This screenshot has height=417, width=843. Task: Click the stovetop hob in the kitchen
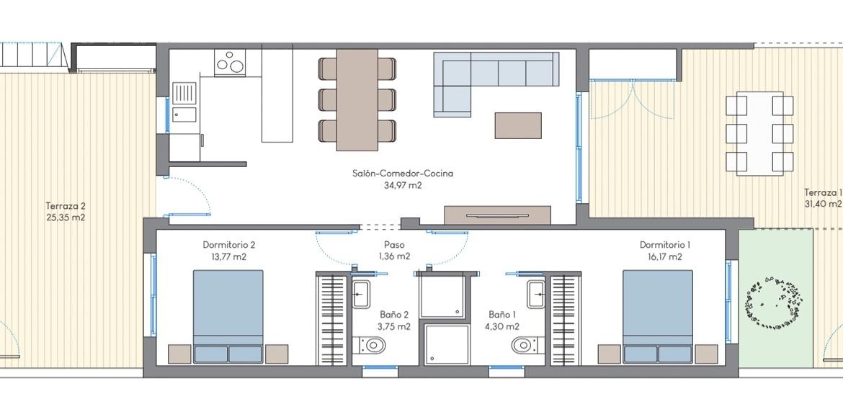pos(230,63)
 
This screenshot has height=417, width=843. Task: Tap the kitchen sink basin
pos(184,114)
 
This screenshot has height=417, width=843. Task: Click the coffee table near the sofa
pos(518,125)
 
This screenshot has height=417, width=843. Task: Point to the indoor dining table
pos(357,100)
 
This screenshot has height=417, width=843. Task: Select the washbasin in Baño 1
pos(536,294)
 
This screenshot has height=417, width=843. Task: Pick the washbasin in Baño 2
pos(361,294)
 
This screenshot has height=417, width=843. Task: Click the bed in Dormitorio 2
pos(228,316)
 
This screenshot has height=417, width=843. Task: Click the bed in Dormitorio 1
pos(658,316)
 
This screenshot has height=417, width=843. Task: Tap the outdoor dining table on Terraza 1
pos(759,133)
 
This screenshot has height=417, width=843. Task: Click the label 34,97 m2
pos(403,186)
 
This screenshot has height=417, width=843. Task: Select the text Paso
pos(394,244)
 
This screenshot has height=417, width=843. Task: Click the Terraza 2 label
pos(66,205)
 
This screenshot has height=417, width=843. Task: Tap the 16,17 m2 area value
pos(665,257)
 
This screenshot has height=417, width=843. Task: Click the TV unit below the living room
pos(498,215)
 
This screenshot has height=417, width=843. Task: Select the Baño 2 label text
pos(395,314)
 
